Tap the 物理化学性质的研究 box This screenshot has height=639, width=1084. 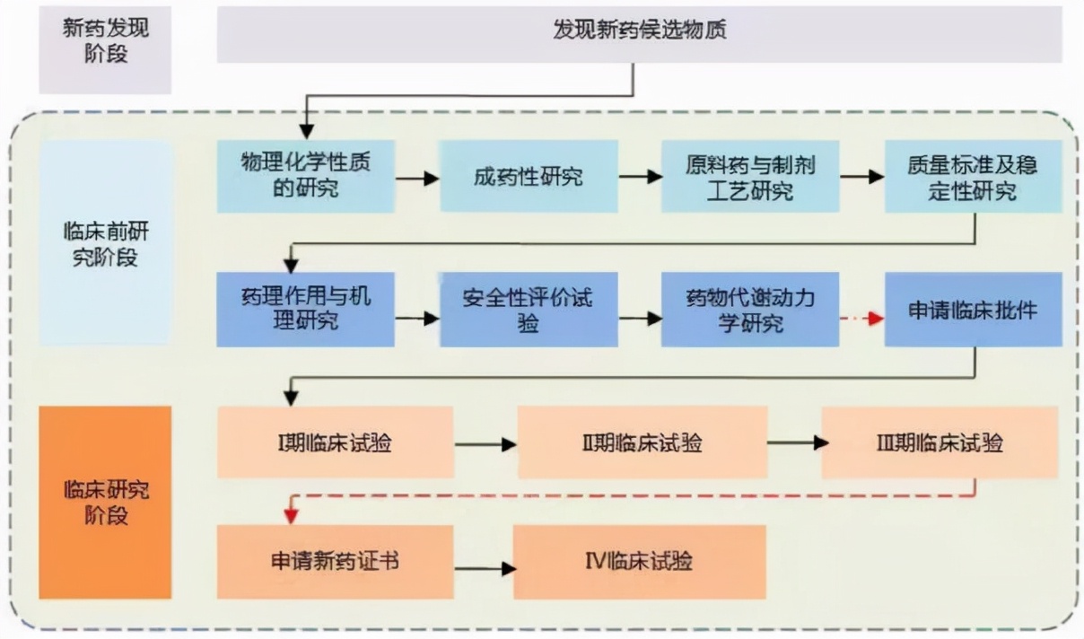click(x=305, y=176)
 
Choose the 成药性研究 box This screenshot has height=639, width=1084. click(x=528, y=176)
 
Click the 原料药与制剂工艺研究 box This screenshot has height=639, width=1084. click(x=749, y=176)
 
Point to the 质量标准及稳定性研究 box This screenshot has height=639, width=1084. click(x=973, y=176)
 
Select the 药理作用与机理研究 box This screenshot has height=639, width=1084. click(x=305, y=310)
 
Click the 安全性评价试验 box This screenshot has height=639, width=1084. click(x=528, y=310)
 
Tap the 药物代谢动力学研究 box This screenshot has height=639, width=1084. click(x=749, y=310)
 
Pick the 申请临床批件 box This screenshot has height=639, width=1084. click(x=973, y=310)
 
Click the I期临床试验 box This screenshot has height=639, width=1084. click(x=335, y=442)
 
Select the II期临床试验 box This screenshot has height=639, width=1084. click(x=642, y=442)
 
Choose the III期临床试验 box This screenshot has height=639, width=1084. click(x=940, y=442)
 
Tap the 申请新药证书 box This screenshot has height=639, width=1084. click(x=335, y=562)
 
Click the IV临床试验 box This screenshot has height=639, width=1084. click(x=639, y=562)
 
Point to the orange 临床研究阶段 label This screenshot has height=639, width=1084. click(x=105, y=503)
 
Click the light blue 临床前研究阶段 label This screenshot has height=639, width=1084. click(x=105, y=243)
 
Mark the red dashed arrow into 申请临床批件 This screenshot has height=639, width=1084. click(x=861, y=319)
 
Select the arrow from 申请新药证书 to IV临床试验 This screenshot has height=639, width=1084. click(x=485, y=568)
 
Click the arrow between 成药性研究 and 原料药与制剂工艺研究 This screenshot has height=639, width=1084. click(x=640, y=177)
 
